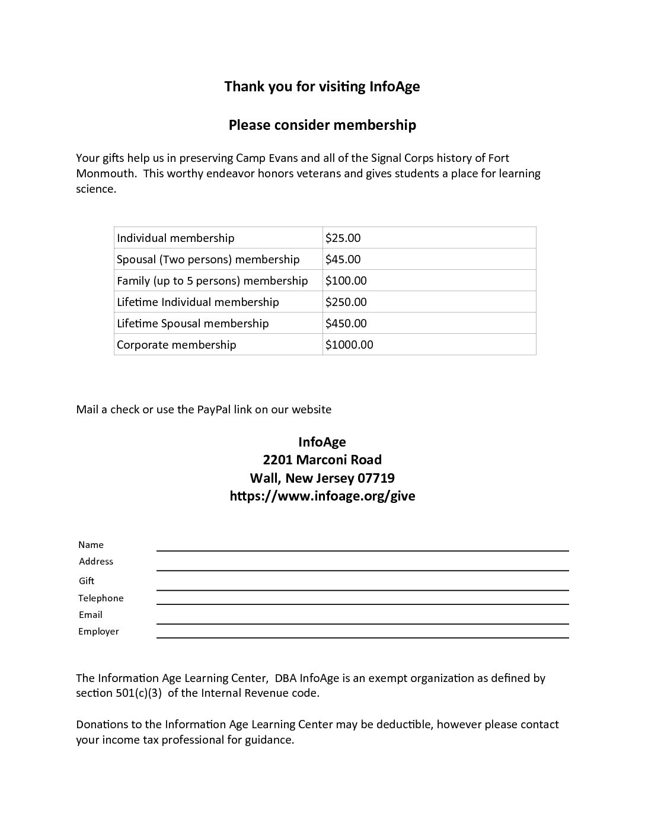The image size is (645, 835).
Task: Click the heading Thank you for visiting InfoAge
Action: pyautogui.click(x=322, y=87)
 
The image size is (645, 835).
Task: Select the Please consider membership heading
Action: pyautogui.click(x=322, y=125)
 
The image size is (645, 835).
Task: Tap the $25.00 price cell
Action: pyautogui.click(x=343, y=238)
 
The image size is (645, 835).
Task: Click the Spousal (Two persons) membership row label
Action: pyautogui.click(x=208, y=259)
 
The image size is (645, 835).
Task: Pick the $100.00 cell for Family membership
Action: pyautogui.click(x=346, y=281)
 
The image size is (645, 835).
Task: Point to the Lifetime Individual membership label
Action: pyautogui.click(x=197, y=302)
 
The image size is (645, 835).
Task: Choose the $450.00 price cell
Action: pyautogui.click(x=346, y=323)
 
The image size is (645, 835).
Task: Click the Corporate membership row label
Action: pyautogui.click(x=176, y=345)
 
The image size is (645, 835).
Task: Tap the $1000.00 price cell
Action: pyautogui.click(x=349, y=345)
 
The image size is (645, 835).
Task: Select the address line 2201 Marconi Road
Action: pyautogui.click(x=322, y=460)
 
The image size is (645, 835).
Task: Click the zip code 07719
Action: pyautogui.click(x=376, y=478)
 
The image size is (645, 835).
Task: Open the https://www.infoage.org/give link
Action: pyautogui.click(x=322, y=496)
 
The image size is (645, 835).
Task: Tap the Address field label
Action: pyautogui.click(x=96, y=562)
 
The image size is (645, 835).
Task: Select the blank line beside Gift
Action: pyautogui.click(x=362, y=586)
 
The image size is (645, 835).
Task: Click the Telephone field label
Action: pyautogui.click(x=101, y=598)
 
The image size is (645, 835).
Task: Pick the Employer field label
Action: pyautogui.click(x=98, y=632)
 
